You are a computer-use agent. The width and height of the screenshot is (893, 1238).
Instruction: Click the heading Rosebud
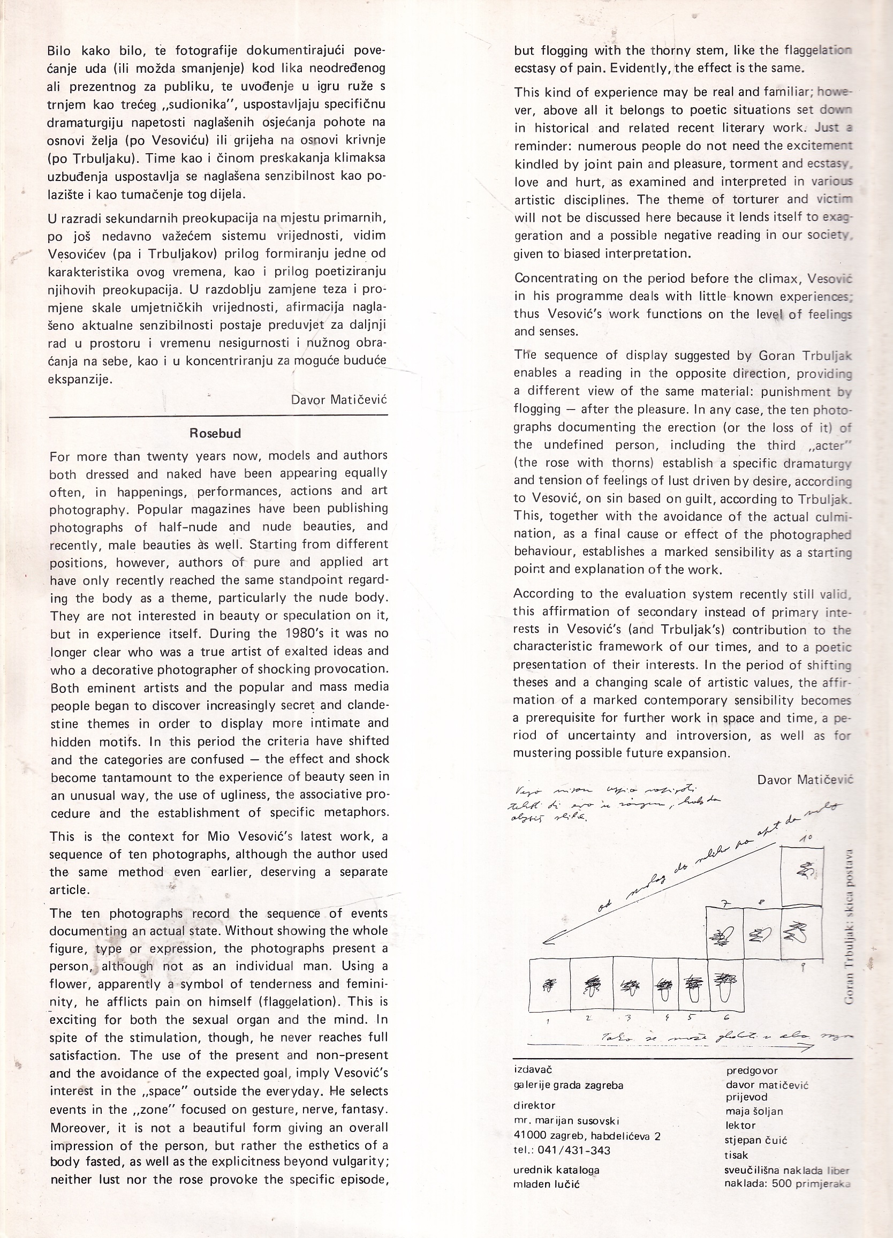pos(215,433)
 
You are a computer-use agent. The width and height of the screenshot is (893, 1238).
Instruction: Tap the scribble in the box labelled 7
pos(723,938)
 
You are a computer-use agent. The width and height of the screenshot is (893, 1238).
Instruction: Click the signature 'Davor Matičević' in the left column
pos(339,399)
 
